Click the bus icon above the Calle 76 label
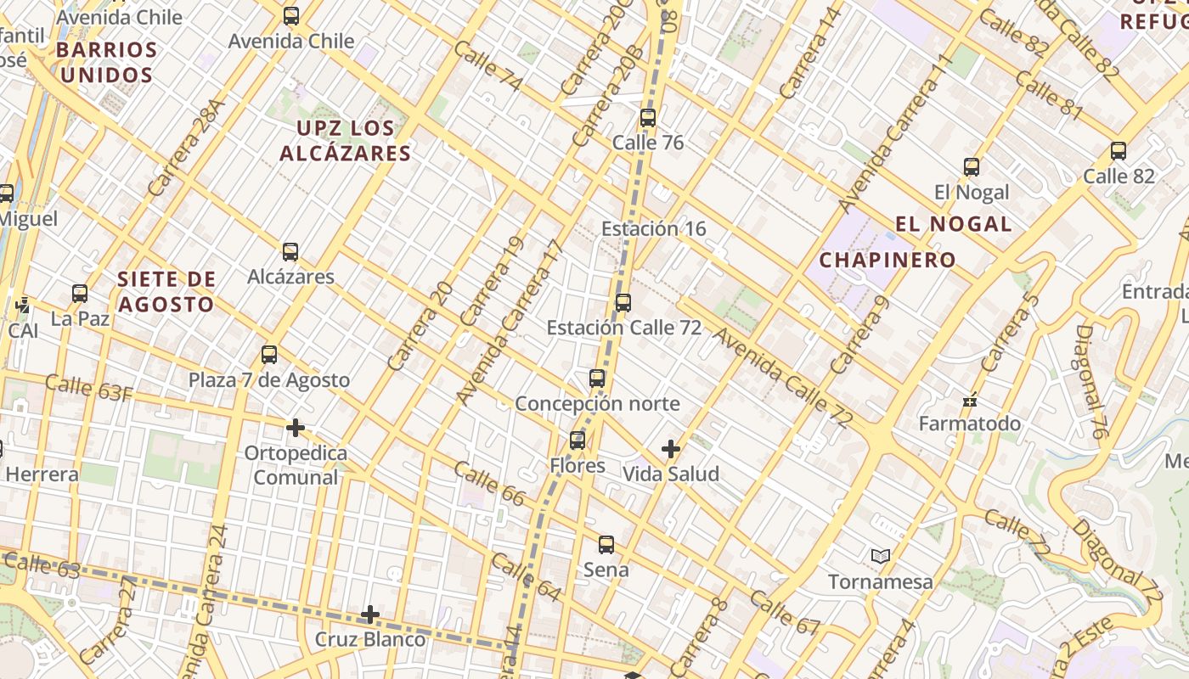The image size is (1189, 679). coord(648,118)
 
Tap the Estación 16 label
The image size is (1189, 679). coord(653,228)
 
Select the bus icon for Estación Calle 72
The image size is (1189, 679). coord(623,303)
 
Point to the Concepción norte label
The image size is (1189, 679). coord(597,403)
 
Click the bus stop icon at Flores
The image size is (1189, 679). coord(578,441)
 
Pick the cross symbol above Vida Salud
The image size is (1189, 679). coord(671,448)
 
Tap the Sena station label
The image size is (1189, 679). coord(606,570)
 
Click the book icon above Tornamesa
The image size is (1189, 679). coord(881,557)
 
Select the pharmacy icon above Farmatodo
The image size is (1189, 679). coord(970,401)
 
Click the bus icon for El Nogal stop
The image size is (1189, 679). coord(972,167)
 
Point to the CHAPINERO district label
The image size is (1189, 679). coord(888,260)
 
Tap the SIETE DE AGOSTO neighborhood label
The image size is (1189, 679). coord(166,291)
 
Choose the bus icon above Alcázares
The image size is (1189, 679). coord(290,252)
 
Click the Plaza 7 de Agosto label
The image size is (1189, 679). coord(269,379)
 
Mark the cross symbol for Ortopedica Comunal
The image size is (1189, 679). coord(296,428)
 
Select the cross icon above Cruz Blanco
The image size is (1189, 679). coord(370,614)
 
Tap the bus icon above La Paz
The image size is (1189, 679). coord(80,294)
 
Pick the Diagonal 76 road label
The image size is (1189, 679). coord(1093,382)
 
